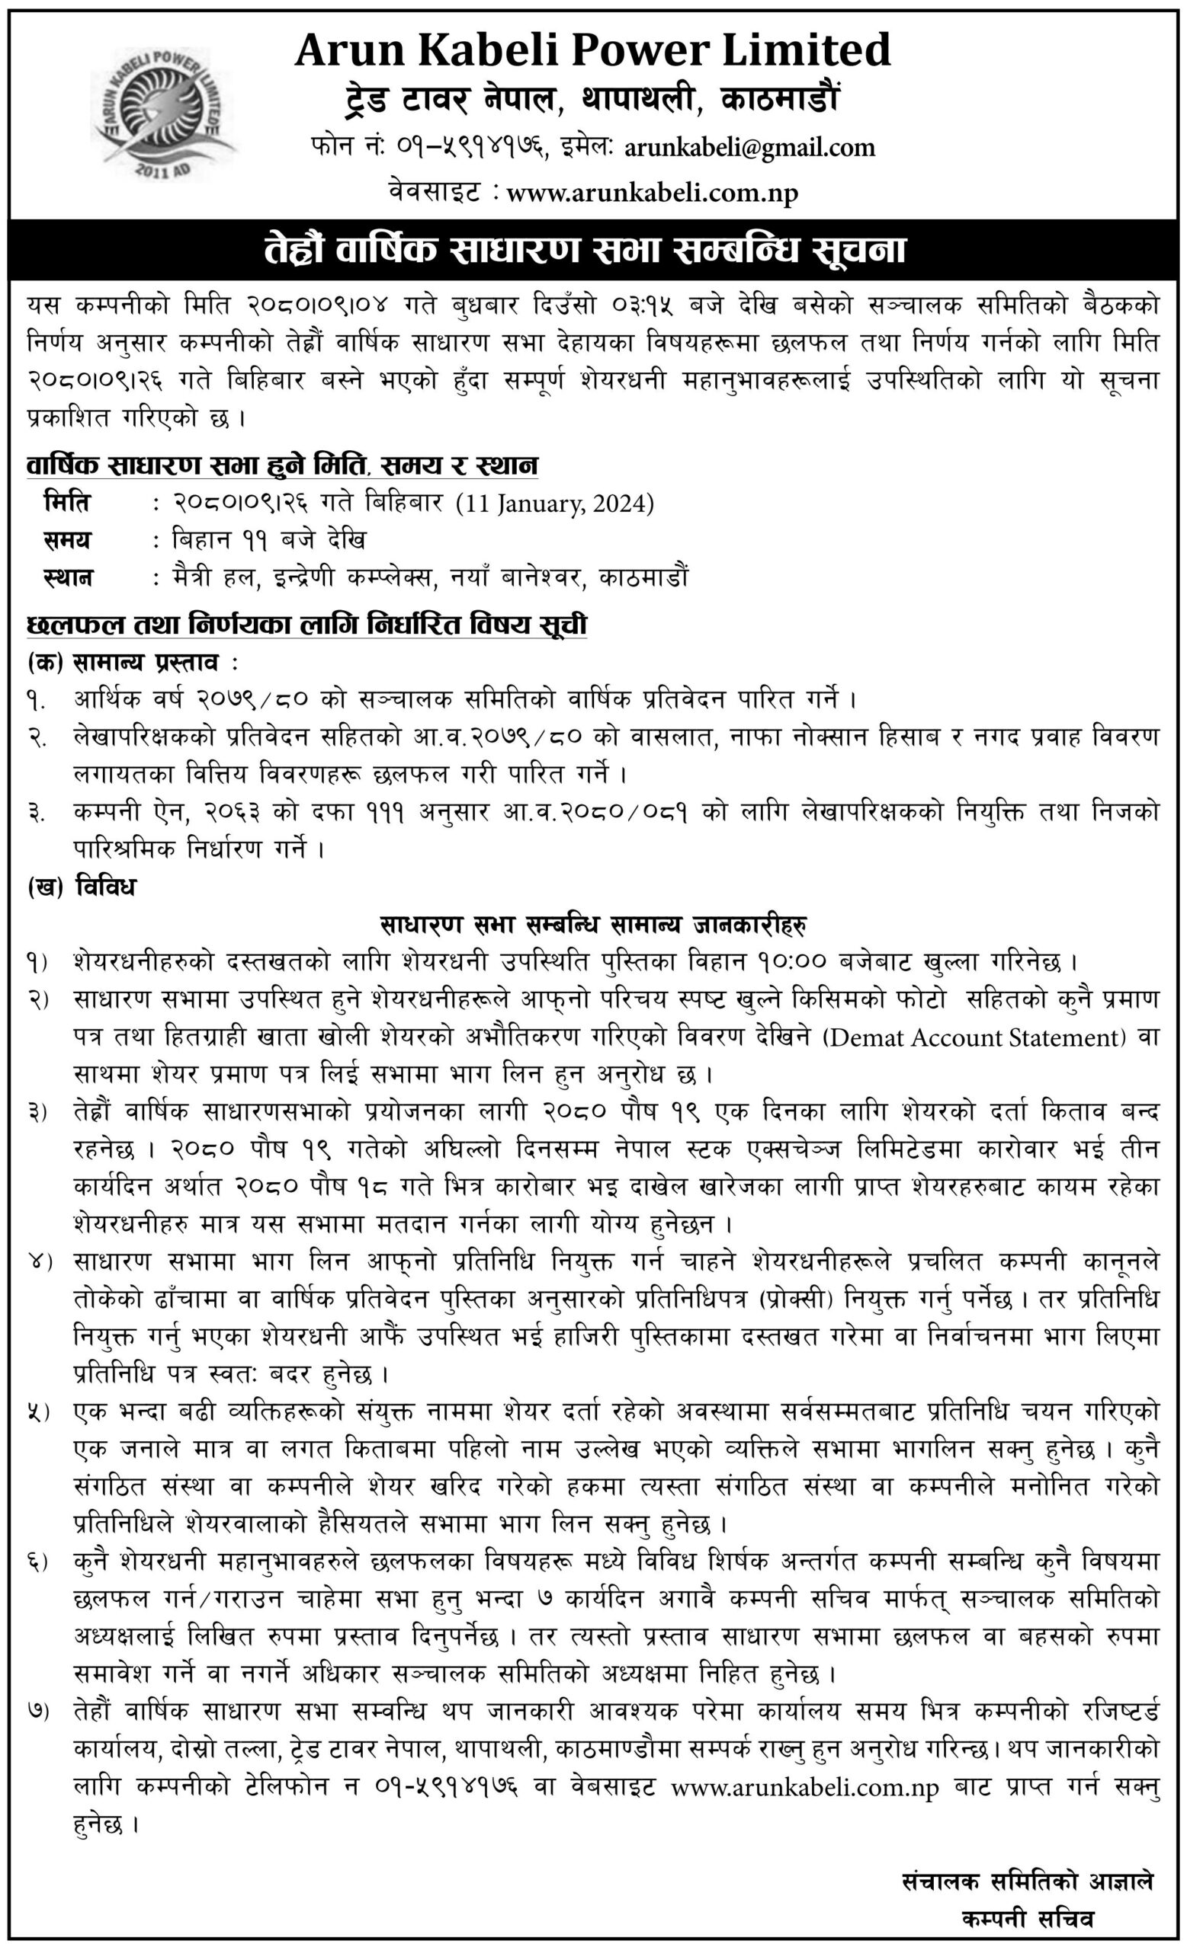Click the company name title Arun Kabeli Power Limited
[x=592, y=50]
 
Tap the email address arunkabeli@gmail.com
[x=749, y=148]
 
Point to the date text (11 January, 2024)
[x=555, y=504]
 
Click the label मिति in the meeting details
[x=67, y=503]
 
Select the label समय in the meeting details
[x=67, y=541]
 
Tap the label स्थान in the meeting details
[x=67, y=577]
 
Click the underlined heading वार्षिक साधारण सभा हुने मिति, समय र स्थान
[x=282, y=465]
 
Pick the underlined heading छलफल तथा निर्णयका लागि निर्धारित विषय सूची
[x=306, y=625]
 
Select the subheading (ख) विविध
[x=82, y=887]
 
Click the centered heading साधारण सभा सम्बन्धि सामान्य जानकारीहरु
[x=592, y=925]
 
